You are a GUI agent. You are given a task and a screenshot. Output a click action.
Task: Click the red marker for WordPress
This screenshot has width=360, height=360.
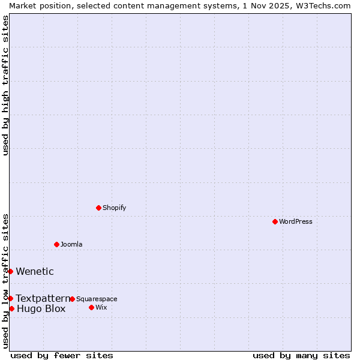click(275, 221)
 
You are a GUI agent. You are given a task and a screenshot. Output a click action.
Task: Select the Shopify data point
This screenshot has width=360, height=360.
click(98, 208)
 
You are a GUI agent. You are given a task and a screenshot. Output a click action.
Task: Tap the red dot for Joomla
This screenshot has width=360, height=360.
click(56, 244)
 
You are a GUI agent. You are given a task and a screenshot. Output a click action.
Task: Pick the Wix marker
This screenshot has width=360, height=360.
click(91, 307)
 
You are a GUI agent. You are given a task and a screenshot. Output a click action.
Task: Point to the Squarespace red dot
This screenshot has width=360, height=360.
click(72, 299)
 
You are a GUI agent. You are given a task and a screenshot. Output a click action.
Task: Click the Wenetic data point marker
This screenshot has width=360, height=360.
click(10, 271)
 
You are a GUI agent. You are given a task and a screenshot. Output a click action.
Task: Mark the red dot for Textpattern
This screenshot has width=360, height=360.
click(10, 298)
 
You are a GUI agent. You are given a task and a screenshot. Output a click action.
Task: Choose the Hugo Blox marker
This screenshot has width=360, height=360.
click(11, 308)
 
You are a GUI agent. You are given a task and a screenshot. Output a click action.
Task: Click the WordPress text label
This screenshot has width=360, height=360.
click(296, 221)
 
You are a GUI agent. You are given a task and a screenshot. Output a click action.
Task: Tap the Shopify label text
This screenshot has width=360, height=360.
click(115, 208)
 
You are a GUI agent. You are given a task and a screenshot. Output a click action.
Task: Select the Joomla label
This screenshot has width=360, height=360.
click(71, 244)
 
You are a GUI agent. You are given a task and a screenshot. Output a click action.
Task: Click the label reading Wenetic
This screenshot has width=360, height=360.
click(35, 271)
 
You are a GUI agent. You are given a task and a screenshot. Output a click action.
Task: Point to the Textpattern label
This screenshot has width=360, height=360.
click(43, 298)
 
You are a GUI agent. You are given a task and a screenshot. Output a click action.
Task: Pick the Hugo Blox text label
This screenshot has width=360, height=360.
click(41, 309)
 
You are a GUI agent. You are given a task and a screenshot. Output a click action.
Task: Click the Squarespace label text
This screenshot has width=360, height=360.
click(97, 299)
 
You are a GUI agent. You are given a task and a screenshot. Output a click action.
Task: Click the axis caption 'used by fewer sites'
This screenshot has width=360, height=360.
click(62, 355)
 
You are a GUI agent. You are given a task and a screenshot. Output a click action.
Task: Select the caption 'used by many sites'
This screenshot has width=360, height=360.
click(301, 355)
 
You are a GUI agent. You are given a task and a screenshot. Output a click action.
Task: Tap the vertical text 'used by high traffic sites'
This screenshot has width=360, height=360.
click(5, 85)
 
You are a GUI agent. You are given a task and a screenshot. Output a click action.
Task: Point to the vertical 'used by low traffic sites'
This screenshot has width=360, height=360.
click(5, 281)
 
